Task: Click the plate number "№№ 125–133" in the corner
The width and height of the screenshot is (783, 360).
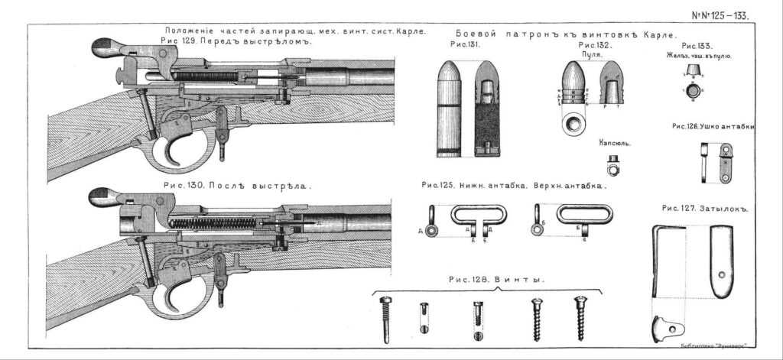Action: (x=720, y=15)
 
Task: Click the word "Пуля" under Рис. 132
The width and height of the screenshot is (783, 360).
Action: (x=590, y=55)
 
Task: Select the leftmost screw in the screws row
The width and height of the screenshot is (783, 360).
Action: (x=385, y=317)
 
